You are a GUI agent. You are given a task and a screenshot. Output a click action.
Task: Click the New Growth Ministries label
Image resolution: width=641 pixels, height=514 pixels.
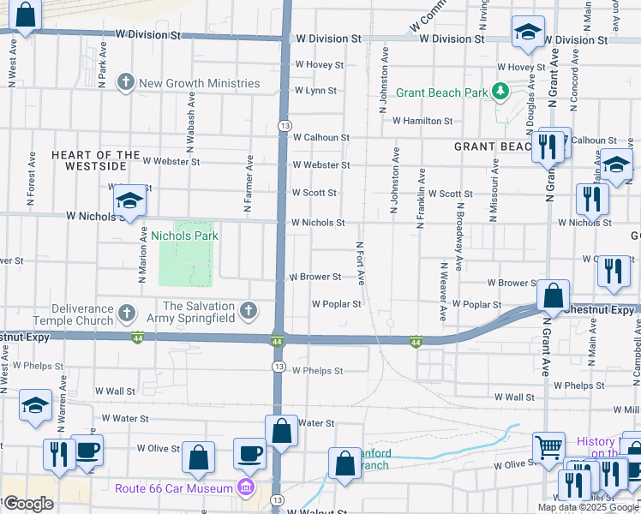tap(199, 83)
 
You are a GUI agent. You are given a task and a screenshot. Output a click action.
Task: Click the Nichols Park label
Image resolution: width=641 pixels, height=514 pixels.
tap(184, 236)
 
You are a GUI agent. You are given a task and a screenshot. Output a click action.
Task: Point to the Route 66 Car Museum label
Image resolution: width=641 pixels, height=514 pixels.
tap(174, 488)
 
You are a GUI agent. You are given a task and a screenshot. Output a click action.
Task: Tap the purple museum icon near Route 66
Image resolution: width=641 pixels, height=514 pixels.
tap(246, 488)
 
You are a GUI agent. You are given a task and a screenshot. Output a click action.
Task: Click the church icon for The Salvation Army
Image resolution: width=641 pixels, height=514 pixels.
tap(249, 310)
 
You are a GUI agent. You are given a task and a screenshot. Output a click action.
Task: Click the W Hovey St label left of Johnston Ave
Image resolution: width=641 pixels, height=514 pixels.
tap(319, 65)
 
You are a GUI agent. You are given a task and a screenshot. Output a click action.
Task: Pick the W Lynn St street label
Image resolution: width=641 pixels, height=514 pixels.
tap(315, 90)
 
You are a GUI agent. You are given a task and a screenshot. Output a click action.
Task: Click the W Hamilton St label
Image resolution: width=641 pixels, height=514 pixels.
tap(422, 122)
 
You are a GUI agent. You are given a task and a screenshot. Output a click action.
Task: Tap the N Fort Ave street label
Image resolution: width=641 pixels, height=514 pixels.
tap(361, 262)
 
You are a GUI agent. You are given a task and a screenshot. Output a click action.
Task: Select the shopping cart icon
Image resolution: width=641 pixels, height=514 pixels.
tap(549, 446)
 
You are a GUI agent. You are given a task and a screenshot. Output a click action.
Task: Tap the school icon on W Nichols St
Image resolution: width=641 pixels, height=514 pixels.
tap(129, 201)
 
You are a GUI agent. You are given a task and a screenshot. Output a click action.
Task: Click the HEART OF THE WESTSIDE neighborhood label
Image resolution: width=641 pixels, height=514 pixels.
tap(95, 160)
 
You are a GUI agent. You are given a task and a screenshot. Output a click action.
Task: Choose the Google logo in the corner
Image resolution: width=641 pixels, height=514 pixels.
tap(28, 504)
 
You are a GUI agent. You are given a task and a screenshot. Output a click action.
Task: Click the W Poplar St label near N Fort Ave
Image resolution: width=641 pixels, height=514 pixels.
tap(336, 303)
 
